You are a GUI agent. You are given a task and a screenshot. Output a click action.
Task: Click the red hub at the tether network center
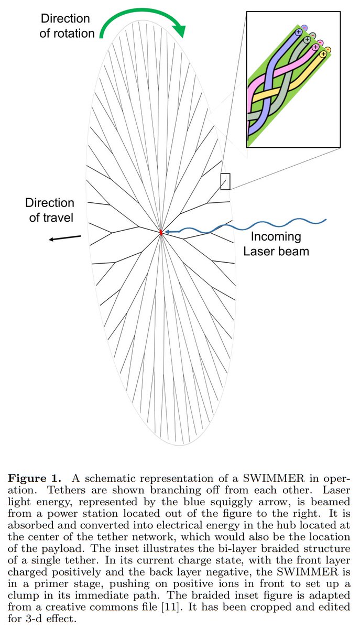161,231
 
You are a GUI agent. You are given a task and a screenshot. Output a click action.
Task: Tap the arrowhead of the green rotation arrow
181,32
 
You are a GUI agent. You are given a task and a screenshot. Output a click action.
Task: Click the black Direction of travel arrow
65,238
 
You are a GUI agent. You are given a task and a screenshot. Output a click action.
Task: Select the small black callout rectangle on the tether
225,181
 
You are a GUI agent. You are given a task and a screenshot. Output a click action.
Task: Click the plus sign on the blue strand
298,32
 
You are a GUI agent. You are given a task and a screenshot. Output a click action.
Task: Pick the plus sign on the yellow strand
323,54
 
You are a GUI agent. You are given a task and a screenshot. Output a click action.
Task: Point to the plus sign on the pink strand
315,47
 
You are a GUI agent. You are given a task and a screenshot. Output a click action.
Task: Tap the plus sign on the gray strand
307,40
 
